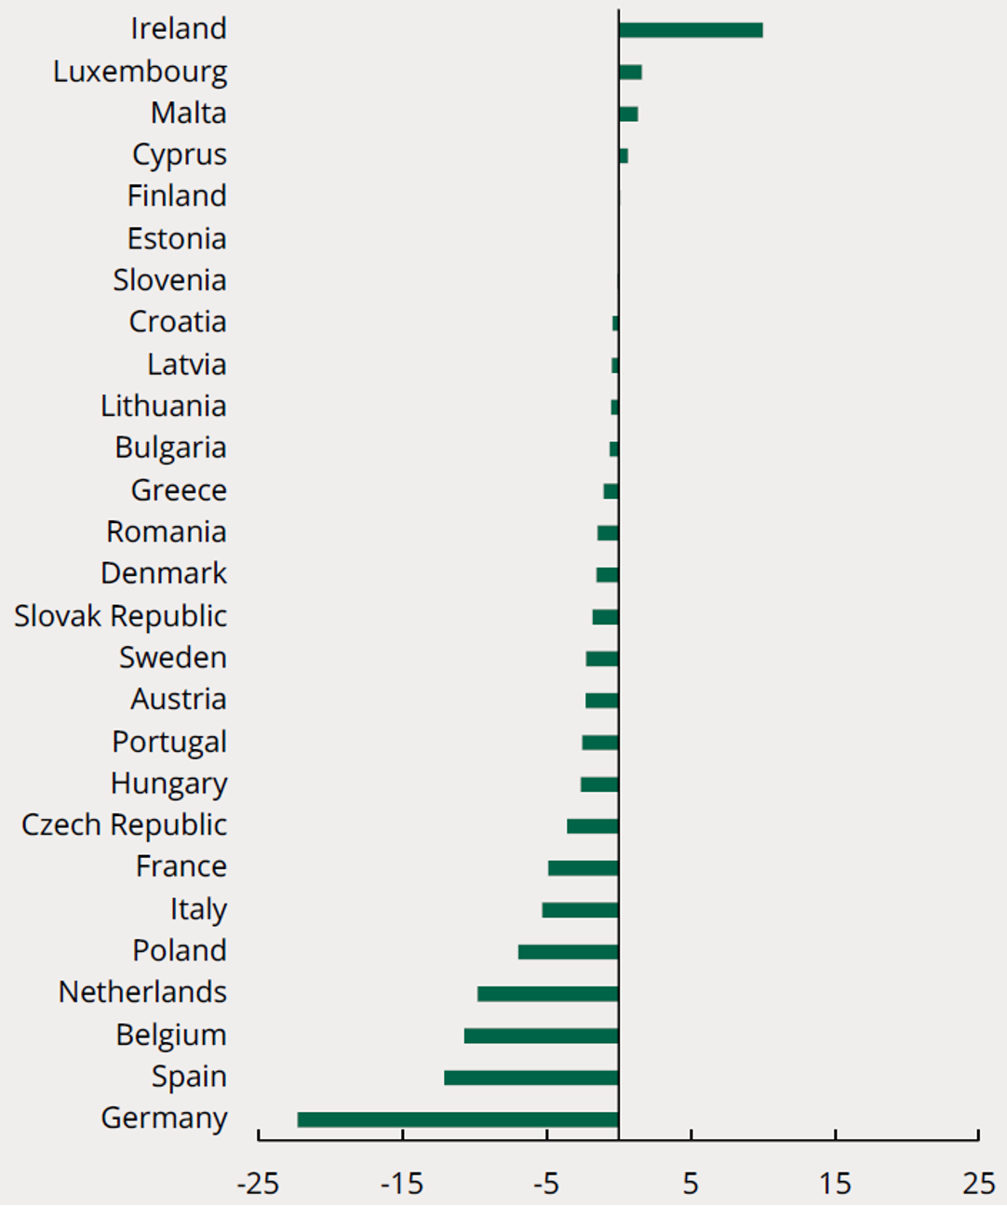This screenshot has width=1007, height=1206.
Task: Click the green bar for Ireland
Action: pyautogui.click(x=691, y=31)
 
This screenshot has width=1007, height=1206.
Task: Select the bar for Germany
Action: pyautogui.click(x=458, y=1119)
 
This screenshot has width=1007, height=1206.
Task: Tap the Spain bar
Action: pyautogui.click(x=531, y=1078)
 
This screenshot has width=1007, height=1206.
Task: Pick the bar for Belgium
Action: pyautogui.click(x=542, y=1036)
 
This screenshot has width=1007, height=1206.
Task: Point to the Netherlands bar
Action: pyautogui.click(x=548, y=994)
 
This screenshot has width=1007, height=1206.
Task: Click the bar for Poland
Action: pyautogui.click(x=569, y=952)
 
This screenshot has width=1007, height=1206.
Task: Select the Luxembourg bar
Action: pyautogui.click(x=630, y=73)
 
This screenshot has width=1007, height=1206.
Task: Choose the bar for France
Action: pyautogui.click(x=584, y=868)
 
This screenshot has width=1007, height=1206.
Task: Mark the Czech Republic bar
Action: pyautogui.click(x=593, y=826)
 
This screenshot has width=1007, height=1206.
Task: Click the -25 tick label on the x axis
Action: pyautogui.click(x=258, y=1184)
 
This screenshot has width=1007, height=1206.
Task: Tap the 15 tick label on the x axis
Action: pyautogui.click(x=835, y=1184)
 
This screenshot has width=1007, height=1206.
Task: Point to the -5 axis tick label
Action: pyautogui.click(x=546, y=1184)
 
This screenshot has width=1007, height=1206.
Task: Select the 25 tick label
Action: pyautogui.click(x=978, y=1184)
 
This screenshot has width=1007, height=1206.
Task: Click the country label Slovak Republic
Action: pyautogui.click(x=120, y=616)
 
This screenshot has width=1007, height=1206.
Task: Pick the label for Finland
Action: pyautogui.click(x=177, y=196)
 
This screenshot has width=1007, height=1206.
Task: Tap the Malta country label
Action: pyautogui.click(x=189, y=114)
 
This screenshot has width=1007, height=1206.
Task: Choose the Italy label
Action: pyautogui.click(x=198, y=909)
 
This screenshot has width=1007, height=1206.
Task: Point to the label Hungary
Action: pyautogui.click(x=168, y=784)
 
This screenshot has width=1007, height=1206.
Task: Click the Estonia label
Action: pyautogui.click(x=177, y=239)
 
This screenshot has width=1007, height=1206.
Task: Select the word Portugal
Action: pyautogui.click(x=169, y=742)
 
